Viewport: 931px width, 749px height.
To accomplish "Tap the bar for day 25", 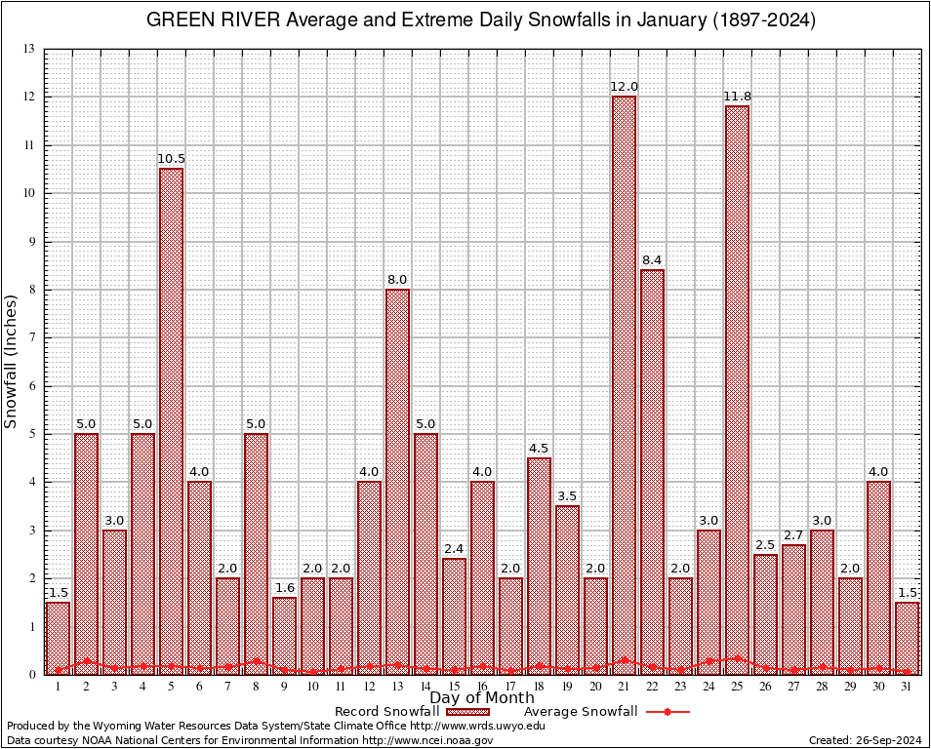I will tap(737, 390).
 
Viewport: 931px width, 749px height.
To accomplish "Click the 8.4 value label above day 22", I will tap(652, 259).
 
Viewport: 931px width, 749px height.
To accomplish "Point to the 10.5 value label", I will tap(171, 158).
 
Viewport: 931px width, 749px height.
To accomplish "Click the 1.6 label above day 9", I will tap(284, 587).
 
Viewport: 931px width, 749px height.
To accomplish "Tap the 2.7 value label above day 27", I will tap(793, 534).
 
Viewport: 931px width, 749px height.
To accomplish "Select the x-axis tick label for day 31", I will tap(907, 687).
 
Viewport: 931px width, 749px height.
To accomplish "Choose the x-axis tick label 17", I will tap(510, 687).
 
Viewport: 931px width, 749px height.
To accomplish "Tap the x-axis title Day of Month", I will tap(481, 697).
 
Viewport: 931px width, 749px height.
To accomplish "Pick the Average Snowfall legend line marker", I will tap(668, 712).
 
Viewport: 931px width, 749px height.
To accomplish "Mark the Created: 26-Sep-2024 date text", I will tap(866, 740).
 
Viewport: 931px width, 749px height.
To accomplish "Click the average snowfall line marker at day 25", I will tap(737, 658).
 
